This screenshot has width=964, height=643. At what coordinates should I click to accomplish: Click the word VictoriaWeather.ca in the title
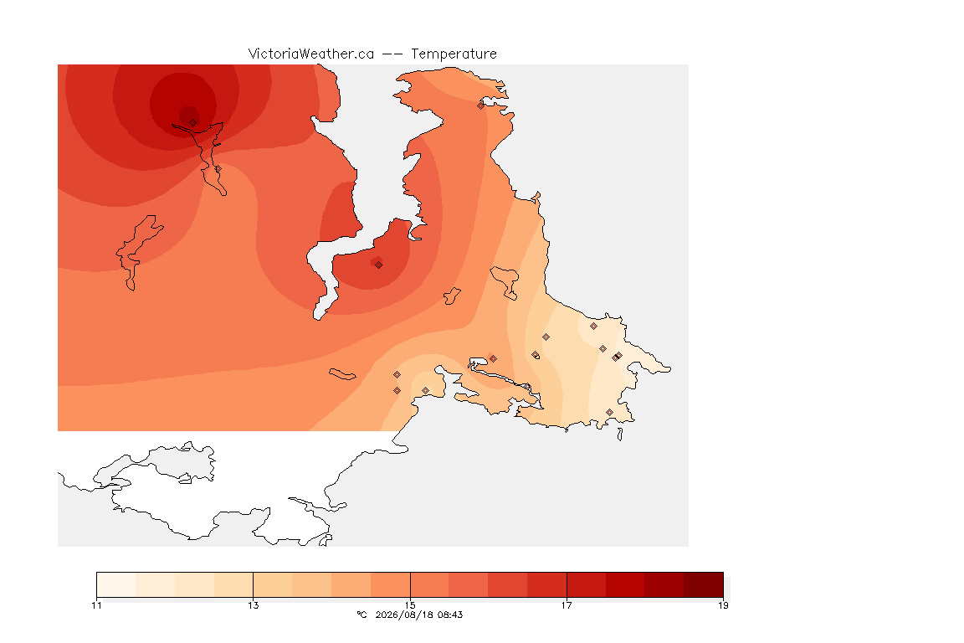coord(311,54)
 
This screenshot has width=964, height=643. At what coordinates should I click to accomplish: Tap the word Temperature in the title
coord(454,54)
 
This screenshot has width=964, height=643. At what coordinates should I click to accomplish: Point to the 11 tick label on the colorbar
coord(96,605)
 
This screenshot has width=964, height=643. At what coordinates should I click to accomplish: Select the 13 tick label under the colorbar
coord(254,605)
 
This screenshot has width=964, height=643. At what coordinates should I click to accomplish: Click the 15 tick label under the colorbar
coord(410,605)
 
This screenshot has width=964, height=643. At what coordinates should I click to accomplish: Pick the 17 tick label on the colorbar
coord(567,605)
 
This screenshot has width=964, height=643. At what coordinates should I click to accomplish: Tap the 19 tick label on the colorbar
coord(723,605)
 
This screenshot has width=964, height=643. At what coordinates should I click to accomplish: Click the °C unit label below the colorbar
coord(361,615)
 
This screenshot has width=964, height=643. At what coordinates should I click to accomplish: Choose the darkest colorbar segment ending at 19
coord(703,584)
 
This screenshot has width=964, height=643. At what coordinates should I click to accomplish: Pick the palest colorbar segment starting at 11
coord(116,584)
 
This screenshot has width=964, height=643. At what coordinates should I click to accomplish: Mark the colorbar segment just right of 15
coord(429,584)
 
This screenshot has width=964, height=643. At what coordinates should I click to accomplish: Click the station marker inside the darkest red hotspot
coord(193,123)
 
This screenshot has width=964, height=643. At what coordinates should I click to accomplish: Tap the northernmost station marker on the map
coord(481,105)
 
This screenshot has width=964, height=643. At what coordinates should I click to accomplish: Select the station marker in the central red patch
coord(379,265)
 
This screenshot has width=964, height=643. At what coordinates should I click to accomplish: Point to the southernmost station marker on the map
coord(609,412)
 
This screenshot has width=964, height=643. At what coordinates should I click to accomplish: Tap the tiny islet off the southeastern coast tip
coord(620,435)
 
